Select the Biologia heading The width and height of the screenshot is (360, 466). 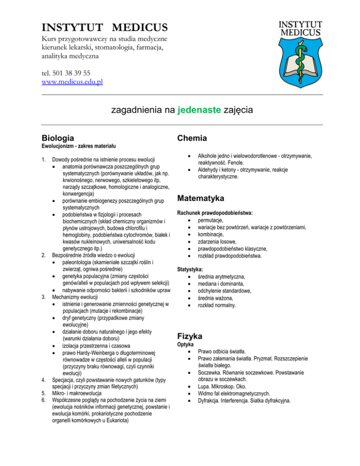pyautogui.click(x=57, y=138)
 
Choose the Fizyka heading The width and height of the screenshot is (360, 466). pyautogui.click(x=189, y=336)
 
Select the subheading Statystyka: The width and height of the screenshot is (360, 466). pyautogui.click(x=190, y=270)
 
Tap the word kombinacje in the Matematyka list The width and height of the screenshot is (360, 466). pyautogui.click(x=211, y=234)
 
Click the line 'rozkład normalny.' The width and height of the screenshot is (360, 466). pyautogui.click(x=217, y=305)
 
